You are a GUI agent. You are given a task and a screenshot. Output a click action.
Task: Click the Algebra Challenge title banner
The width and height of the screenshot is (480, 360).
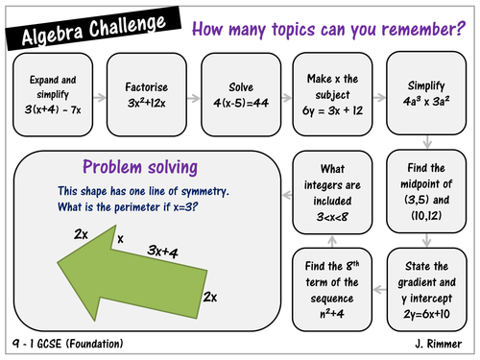pyautogui.click(x=93, y=28)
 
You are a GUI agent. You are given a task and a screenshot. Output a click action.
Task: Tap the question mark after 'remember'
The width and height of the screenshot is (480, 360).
pyautogui.click(x=461, y=28)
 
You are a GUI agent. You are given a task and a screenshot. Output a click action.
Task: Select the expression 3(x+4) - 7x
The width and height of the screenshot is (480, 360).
pyautogui.click(x=53, y=109)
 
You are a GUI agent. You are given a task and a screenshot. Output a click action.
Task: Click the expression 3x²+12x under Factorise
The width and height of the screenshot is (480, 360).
pyautogui.click(x=147, y=103)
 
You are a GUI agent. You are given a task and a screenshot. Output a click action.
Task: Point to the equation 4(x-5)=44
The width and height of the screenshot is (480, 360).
pyautogui.click(x=241, y=103)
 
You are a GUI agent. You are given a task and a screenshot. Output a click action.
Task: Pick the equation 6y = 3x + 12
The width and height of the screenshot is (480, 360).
pyautogui.click(x=332, y=110)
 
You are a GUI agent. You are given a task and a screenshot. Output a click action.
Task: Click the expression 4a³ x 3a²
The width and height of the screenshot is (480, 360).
pyautogui.click(x=426, y=101)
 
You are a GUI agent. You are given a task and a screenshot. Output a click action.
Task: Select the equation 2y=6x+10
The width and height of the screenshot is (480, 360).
pyautogui.click(x=426, y=314)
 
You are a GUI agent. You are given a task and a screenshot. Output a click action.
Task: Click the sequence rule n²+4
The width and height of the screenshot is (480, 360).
pyautogui.click(x=332, y=314)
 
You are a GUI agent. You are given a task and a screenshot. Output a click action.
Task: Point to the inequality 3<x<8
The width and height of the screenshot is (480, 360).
pyautogui.click(x=332, y=217)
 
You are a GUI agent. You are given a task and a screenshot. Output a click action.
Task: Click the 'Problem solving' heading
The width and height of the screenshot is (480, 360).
pyautogui.click(x=140, y=167)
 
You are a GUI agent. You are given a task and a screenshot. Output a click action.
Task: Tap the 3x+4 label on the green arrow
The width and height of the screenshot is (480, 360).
pyautogui.click(x=162, y=252)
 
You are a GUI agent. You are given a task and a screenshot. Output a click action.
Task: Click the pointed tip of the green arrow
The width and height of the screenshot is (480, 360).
pyautogui.click(x=58, y=263)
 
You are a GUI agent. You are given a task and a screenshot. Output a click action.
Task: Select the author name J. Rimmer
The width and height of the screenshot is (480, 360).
pyautogui.click(x=439, y=344)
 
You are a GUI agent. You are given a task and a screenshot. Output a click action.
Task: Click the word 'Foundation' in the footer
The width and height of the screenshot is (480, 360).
pyautogui.click(x=95, y=344)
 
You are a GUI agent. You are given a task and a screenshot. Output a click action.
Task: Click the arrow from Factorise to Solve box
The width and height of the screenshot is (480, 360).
pyautogui.click(x=194, y=98)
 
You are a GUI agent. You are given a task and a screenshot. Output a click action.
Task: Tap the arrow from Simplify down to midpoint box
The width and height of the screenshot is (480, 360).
pyautogui.click(x=427, y=142)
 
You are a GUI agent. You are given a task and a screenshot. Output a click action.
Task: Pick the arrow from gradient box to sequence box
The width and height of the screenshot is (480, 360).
pyautogui.click(x=379, y=290)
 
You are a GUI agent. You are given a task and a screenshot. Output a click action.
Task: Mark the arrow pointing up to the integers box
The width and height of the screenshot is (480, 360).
pyautogui.click(x=332, y=242)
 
